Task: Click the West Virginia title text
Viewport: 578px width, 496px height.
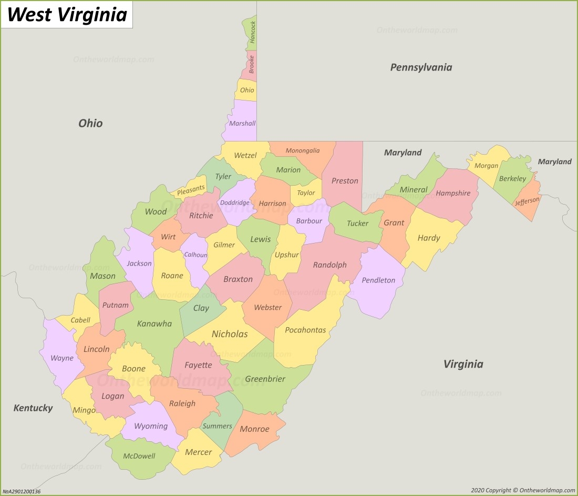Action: pyautogui.click(x=67, y=15)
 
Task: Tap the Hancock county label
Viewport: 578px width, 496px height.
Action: pyautogui.click(x=253, y=32)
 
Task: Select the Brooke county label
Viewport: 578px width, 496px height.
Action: pyautogui.click(x=252, y=64)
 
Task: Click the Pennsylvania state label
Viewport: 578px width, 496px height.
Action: pyautogui.click(x=421, y=67)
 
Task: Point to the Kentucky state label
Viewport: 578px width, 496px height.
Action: pyautogui.click(x=33, y=408)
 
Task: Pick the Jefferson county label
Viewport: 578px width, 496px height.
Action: pyautogui.click(x=527, y=201)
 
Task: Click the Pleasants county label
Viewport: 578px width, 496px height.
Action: pyautogui.click(x=191, y=190)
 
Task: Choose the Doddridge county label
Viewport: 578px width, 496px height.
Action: pyautogui.click(x=235, y=203)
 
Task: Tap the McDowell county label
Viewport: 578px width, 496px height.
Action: pyautogui.click(x=139, y=456)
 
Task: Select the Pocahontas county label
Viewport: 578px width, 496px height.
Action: pyautogui.click(x=305, y=330)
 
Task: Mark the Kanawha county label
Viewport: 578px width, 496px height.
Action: pyautogui.click(x=154, y=323)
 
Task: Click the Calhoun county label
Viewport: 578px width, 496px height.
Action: pyautogui.click(x=195, y=255)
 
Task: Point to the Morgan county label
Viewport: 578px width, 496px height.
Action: pyautogui.click(x=486, y=166)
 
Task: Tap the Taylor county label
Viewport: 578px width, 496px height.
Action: pyautogui.click(x=306, y=193)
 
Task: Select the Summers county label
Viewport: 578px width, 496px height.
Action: pyautogui.click(x=217, y=426)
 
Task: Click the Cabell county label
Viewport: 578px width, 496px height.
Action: pyautogui.click(x=80, y=320)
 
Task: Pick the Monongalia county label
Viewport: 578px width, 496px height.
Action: pyautogui.click(x=303, y=150)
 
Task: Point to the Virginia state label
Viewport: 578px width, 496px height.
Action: pyautogui.click(x=463, y=364)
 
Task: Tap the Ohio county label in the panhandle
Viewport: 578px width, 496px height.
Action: pyautogui.click(x=247, y=90)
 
